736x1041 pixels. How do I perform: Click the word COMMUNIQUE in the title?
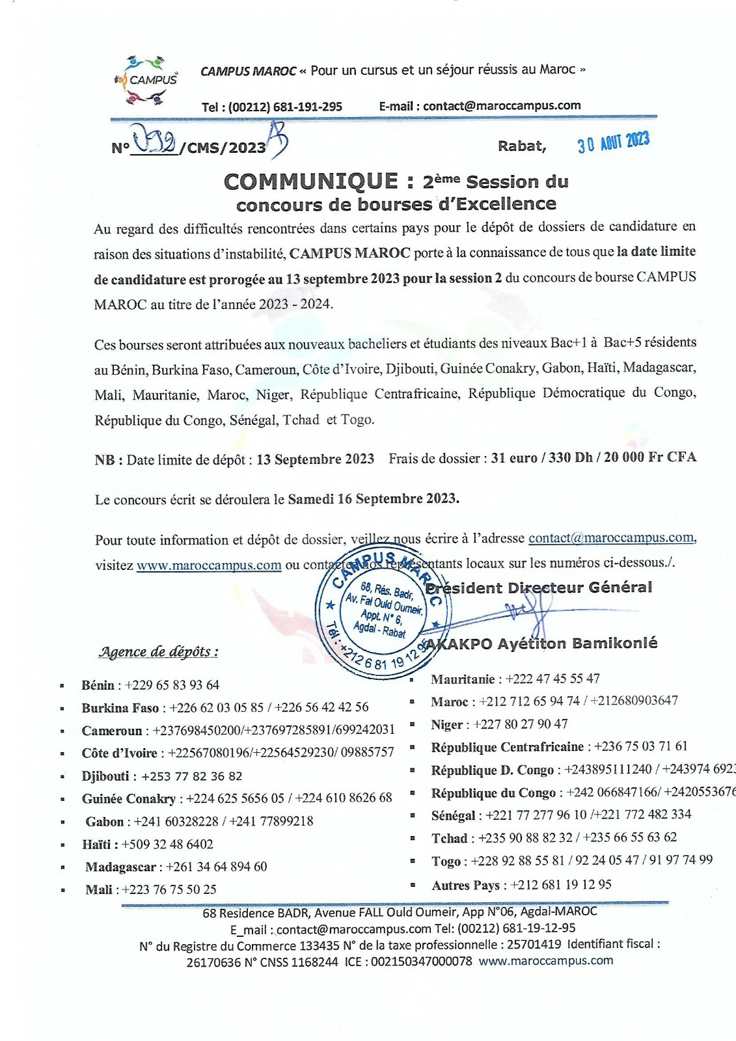tap(310, 182)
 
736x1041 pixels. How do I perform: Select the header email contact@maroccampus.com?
tap(502, 105)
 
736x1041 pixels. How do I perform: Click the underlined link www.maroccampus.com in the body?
tap(209, 565)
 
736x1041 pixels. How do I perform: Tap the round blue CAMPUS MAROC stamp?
tap(384, 612)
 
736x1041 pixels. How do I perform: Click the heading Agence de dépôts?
tap(158, 651)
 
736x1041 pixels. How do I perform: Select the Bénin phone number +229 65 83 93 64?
tap(172, 685)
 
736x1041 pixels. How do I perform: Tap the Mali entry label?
tap(98, 889)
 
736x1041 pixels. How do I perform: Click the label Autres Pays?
tap(465, 886)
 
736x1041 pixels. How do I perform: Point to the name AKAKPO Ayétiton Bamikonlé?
tap(541, 643)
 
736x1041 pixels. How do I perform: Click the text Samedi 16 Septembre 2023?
tap(374, 499)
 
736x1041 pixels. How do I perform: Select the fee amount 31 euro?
tap(514, 457)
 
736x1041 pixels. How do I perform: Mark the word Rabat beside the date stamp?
tap(521, 146)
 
